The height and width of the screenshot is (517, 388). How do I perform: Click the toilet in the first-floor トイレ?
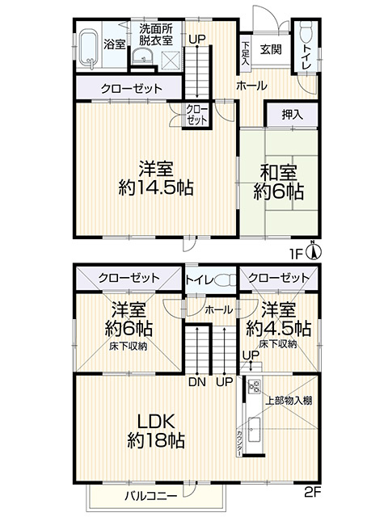[306, 36]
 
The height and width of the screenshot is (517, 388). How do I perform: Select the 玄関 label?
[270, 49]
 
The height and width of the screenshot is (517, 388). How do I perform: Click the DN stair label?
[194, 382]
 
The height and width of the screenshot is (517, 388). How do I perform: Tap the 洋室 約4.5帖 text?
[278, 320]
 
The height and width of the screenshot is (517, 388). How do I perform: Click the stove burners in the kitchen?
[253, 386]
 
